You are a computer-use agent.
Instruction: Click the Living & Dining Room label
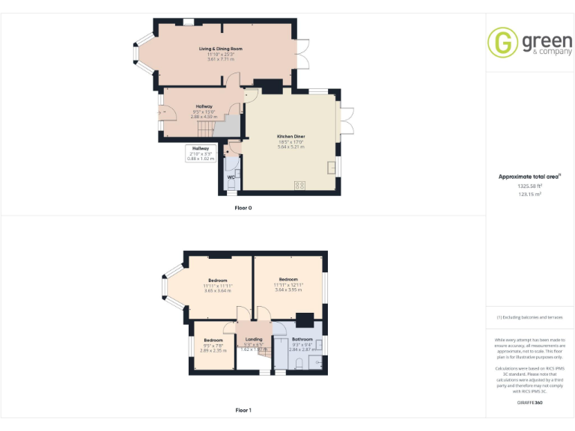220,49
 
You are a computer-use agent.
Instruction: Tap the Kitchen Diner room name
290,136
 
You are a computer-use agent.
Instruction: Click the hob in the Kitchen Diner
300,184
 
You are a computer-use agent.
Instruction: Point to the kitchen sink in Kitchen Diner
330,165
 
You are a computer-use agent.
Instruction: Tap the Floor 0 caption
243,207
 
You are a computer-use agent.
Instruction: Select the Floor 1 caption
243,410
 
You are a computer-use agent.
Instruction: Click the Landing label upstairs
254,339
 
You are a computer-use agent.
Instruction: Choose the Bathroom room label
302,339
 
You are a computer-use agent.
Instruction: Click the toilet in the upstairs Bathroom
299,364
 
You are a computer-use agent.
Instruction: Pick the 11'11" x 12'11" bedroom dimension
288,284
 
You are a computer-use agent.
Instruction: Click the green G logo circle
502,42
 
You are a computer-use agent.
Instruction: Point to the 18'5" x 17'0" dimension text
290,142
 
